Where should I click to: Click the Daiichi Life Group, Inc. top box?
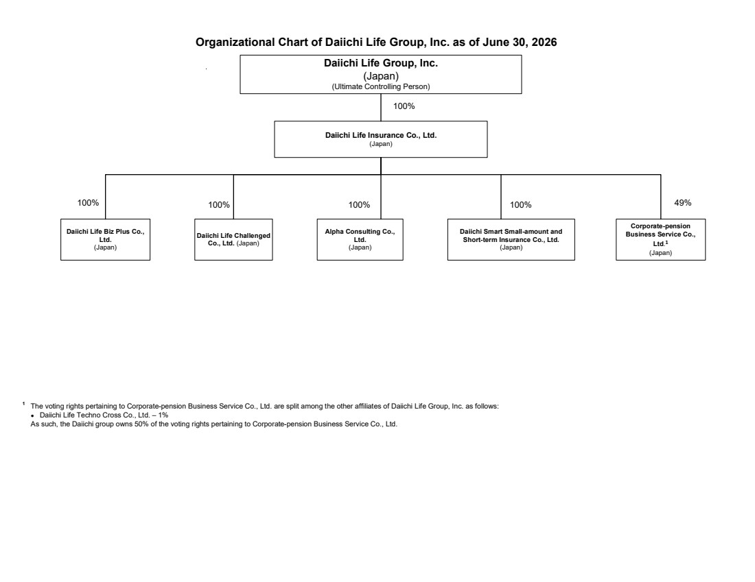(380, 74)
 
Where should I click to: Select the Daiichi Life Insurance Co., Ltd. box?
(380, 139)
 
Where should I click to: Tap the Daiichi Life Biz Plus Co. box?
(105, 239)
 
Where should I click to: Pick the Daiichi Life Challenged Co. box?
(233, 239)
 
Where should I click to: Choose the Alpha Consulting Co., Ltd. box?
(360, 239)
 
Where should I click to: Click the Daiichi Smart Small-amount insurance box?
(511, 239)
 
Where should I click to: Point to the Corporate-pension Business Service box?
(660, 239)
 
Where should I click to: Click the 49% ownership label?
(682, 203)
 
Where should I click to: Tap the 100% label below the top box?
(404, 106)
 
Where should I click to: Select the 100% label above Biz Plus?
(88, 203)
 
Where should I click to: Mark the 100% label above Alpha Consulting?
(359, 205)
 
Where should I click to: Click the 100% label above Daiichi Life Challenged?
(218, 205)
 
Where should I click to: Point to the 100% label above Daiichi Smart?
(520, 205)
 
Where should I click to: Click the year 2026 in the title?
(544, 43)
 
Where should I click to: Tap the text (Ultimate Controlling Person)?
(380, 86)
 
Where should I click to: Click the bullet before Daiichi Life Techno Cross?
(32, 415)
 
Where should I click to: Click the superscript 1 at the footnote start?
(23, 403)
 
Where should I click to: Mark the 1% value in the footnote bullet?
(163, 415)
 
